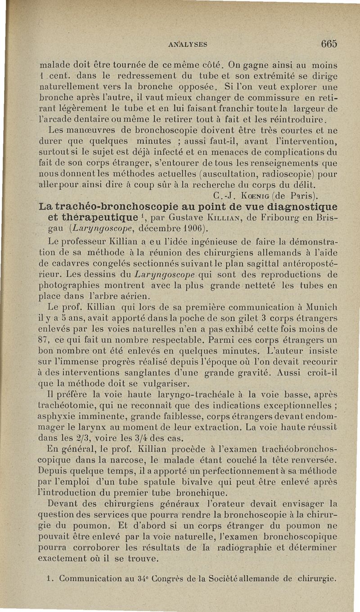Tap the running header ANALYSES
point(188,44)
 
